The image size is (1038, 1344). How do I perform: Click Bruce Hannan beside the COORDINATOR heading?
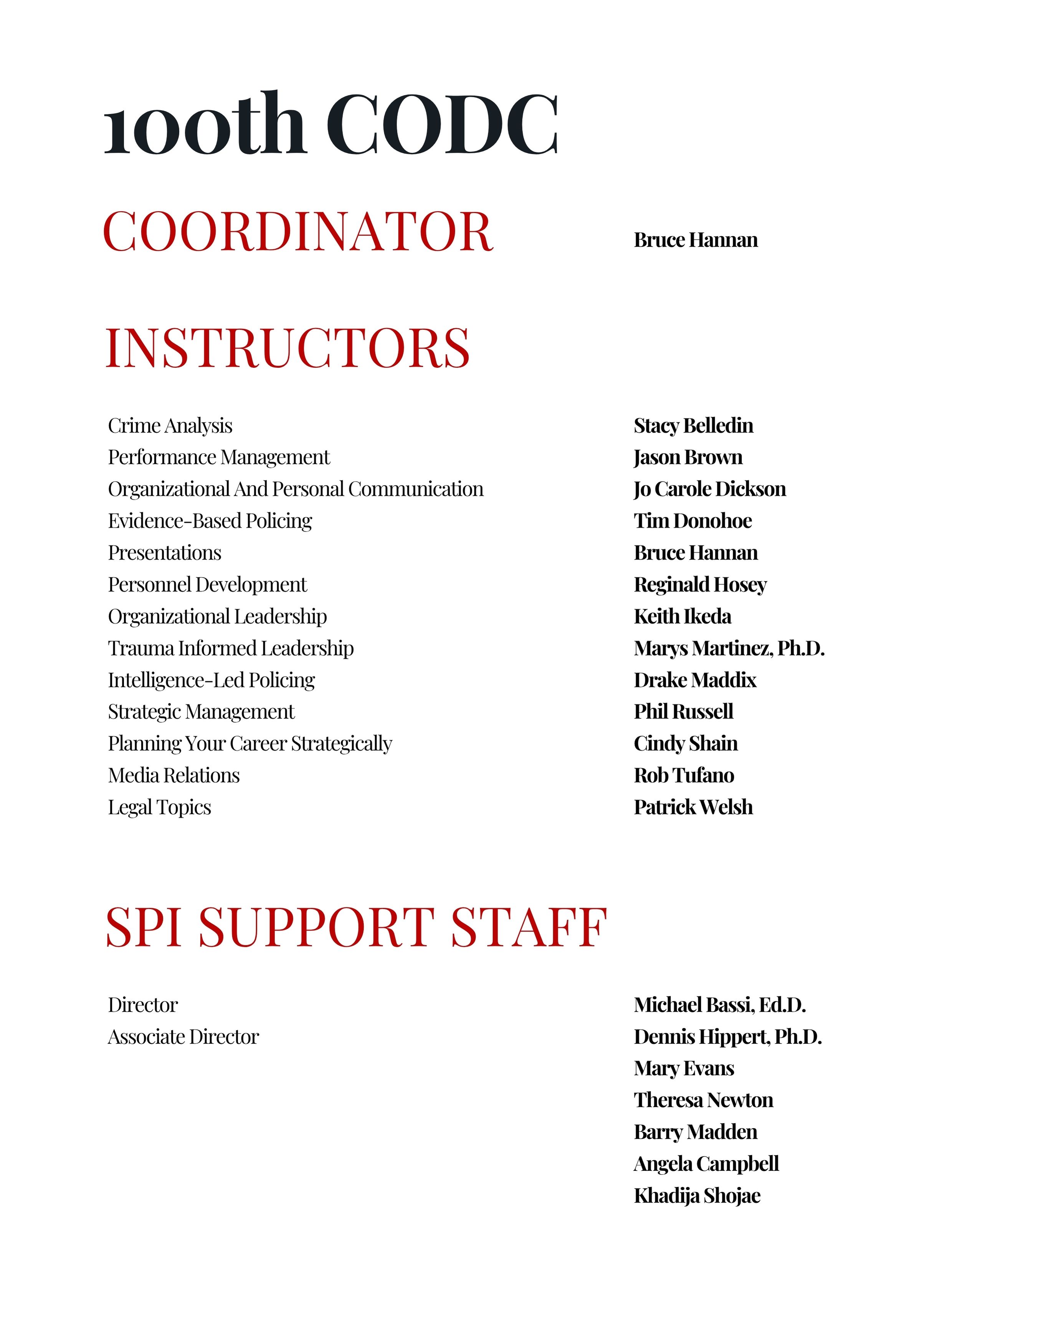[x=695, y=240]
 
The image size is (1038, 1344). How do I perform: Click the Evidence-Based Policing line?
[x=210, y=521]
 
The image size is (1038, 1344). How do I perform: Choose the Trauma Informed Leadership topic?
[x=231, y=649]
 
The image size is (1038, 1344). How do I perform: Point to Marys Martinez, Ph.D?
[x=729, y=649]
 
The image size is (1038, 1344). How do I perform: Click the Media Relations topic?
[x=174, y=775]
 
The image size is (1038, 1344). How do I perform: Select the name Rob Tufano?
[x=684, y=775]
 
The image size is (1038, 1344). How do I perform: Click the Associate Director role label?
[x=183, y=1037]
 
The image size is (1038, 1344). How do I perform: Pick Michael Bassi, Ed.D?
[x=719, y=1005]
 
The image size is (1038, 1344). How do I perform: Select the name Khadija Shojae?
[x=696, y=1196]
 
